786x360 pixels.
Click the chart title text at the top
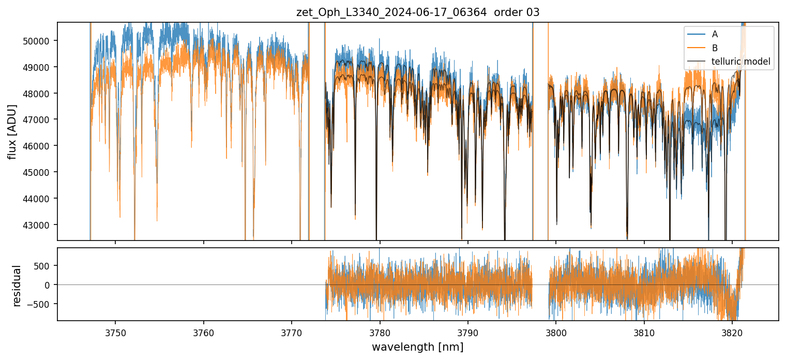[x=418, y=12]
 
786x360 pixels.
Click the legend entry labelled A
[x=715, y=34]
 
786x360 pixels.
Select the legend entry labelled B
[x=715, y=48]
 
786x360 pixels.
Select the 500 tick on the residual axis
[x=43, y=266]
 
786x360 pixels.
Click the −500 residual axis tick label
[x=41, y=304]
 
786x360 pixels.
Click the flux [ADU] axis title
[x=12, y=131]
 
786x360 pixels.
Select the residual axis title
[x=17, y=285]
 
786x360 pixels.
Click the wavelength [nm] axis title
[x=417, y=347]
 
